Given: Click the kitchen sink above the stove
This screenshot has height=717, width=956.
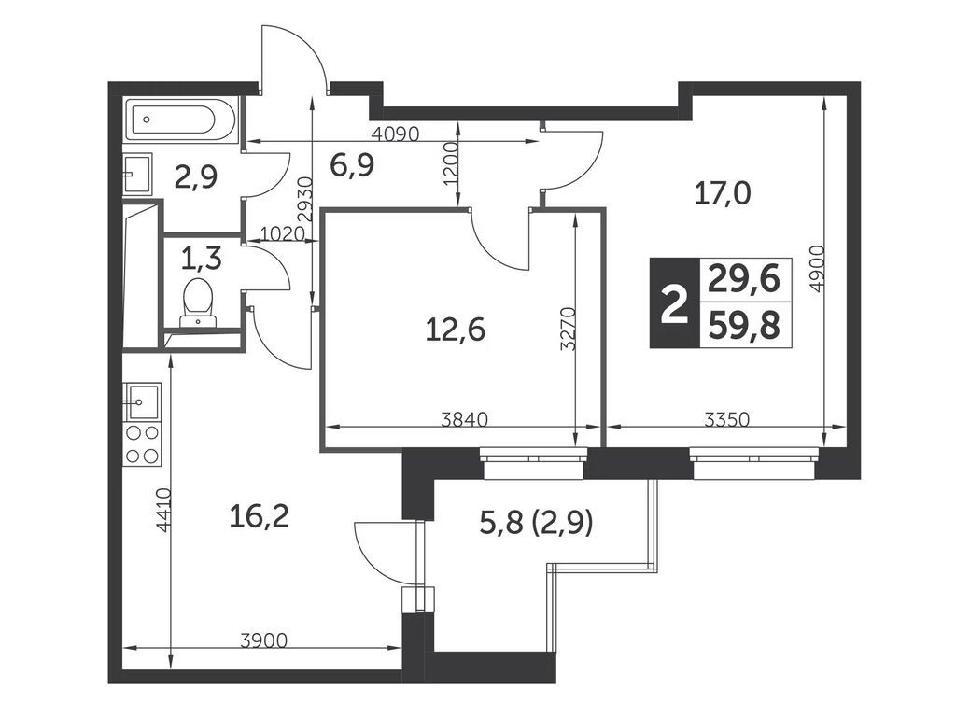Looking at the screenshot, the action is click(x=142, y=401).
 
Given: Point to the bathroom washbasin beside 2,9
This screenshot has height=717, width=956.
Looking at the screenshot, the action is click(x=138, y=174).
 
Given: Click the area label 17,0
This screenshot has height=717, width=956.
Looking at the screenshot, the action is click(x=723, y=194).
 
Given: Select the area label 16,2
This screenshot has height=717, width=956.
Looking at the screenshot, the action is click(x=259, y=517).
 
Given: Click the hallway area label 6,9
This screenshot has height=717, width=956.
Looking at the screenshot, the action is click(x=352, y=164).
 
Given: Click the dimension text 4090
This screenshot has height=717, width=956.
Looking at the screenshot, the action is click(x=396, y=134).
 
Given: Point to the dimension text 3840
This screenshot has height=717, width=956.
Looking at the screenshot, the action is click(x=465, y=419).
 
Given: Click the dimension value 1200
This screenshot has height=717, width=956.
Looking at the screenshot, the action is click(x=451, y=164).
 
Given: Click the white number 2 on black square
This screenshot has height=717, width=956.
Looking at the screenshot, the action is click(x=674, y=303).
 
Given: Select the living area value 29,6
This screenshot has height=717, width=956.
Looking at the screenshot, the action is click(x=744, y=280).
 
